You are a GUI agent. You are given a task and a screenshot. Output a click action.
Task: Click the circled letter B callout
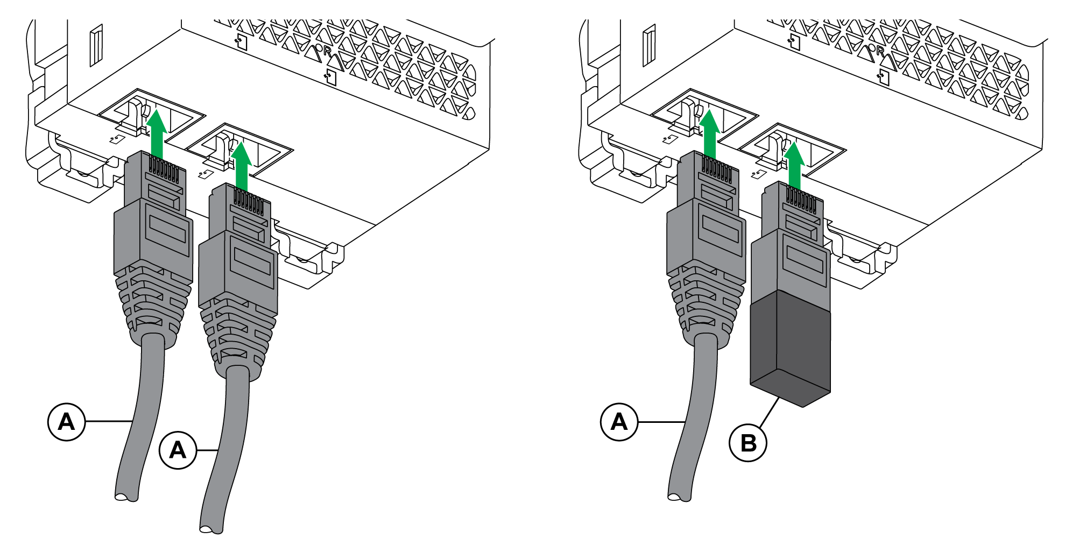tap(748, 443)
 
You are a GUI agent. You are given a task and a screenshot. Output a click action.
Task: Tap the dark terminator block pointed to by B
tap(790, 350)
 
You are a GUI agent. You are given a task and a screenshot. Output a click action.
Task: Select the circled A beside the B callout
tap(619, 422)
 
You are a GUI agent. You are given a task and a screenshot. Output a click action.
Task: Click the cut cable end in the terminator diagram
tap(679, 497)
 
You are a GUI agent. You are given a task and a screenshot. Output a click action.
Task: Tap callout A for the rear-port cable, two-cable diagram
tap(67, 422)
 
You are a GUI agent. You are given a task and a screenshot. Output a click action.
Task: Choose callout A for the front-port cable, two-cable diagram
tap(178, 450)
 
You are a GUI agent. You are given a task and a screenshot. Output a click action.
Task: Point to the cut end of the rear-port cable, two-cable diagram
tap(126, 497)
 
